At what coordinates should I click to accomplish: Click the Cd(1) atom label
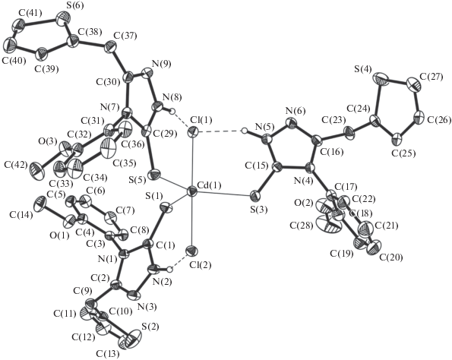point(209,185)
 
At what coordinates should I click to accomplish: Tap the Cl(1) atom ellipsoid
point(192,132)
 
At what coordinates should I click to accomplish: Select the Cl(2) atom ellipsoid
point(191,251)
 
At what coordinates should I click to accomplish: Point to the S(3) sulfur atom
point(254,196)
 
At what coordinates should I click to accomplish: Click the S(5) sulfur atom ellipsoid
point(154,174)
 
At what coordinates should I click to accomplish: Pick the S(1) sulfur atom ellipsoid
point(166,207)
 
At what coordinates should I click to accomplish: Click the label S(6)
point(68,5)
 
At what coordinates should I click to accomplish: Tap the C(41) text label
point(30,13)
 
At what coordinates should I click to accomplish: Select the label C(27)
point(431,77)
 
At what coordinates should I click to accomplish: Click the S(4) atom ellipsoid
point(381,78)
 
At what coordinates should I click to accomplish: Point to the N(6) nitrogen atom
point(291,123)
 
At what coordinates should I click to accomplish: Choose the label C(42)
point(16,165)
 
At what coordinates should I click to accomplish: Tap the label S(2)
point(150,327)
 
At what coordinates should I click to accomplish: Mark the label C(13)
point(108,354)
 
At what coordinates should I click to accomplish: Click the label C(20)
point(391,257)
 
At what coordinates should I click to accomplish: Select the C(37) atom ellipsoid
point(110,47)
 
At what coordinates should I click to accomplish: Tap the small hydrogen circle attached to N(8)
point(172,110)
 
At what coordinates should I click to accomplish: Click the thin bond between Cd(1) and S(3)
point(223,194)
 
